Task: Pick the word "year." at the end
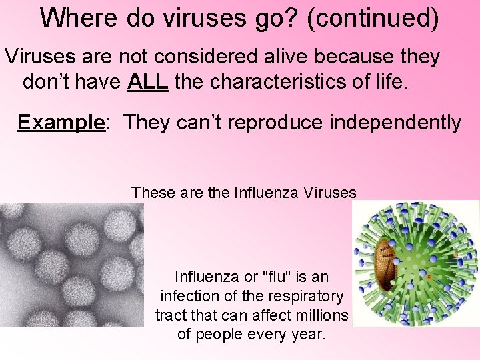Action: (x=309, y=333)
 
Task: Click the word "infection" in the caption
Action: (x=187, y=295)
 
